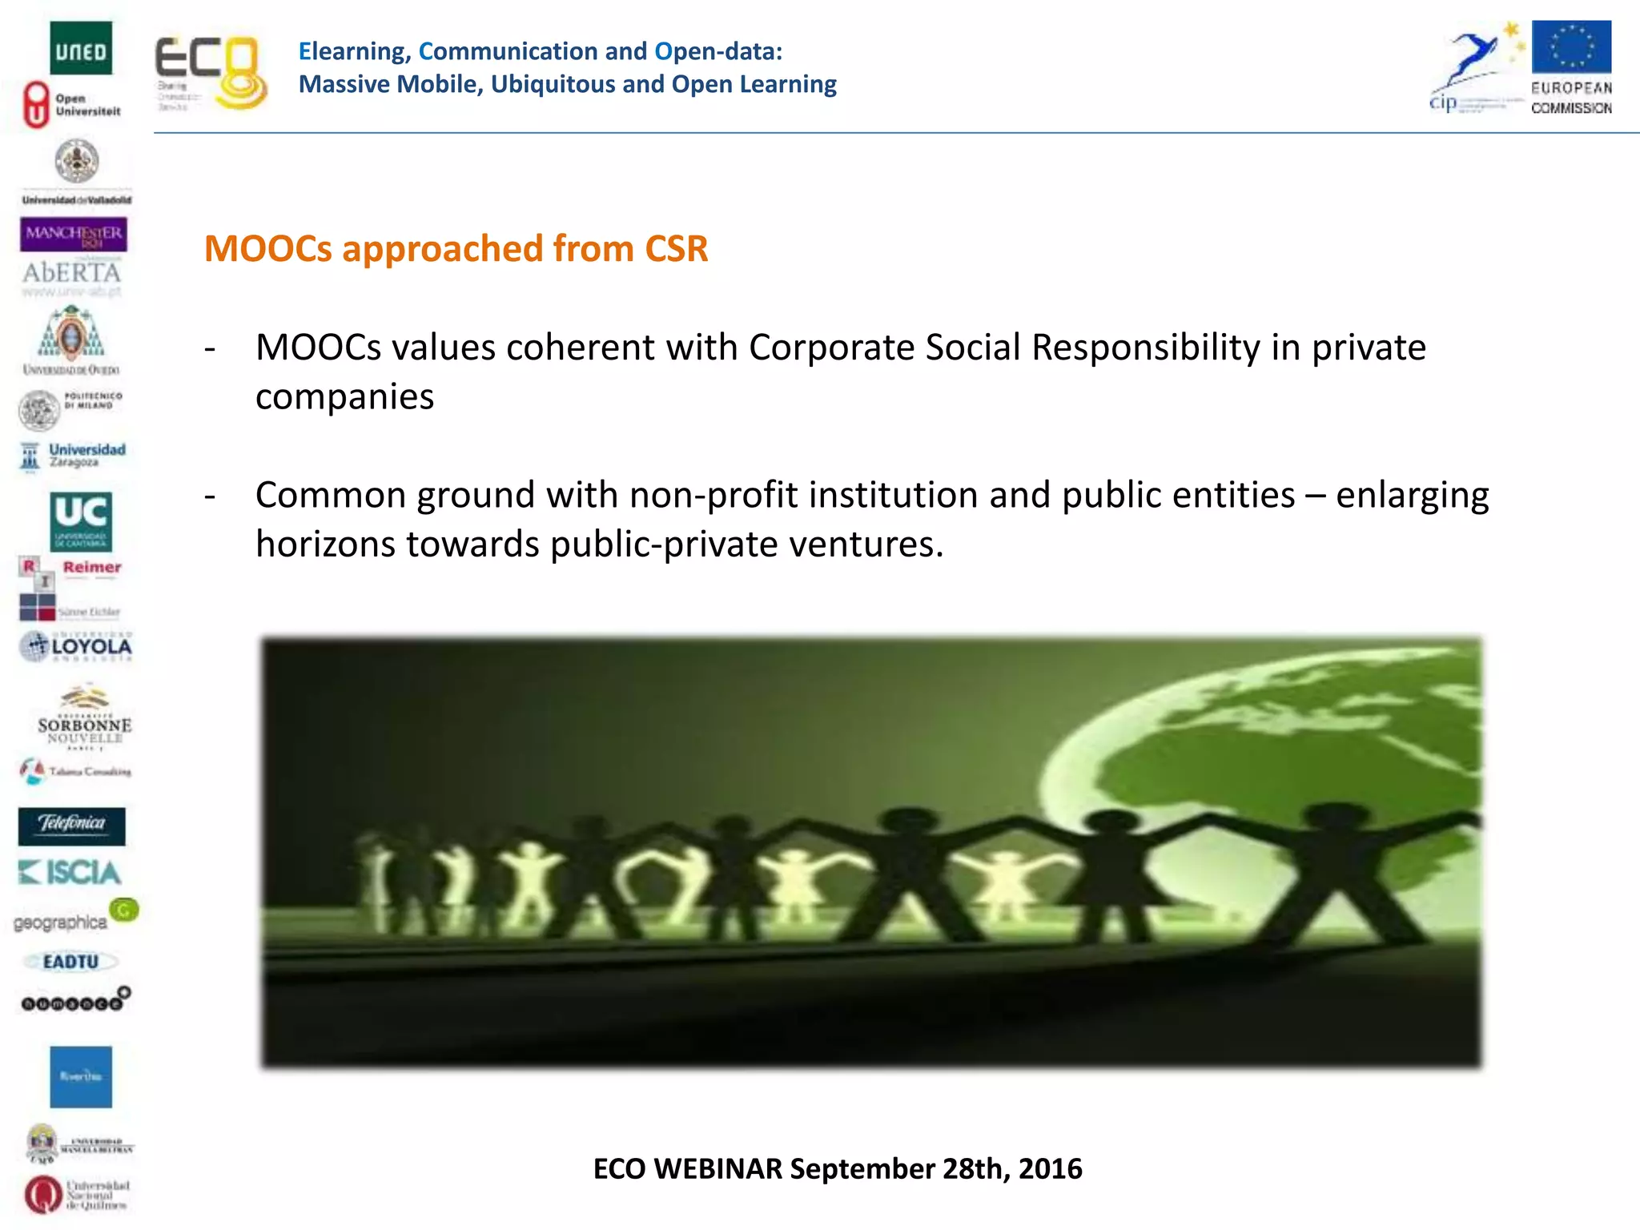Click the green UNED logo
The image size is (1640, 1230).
coord(81,48)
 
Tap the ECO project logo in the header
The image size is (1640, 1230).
coord(210,73)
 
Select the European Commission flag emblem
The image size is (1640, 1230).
coord(1571,47)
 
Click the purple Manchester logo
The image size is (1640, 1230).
coord(74,234)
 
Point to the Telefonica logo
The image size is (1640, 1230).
coord(72,826)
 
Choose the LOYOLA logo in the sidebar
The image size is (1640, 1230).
coord(77,646)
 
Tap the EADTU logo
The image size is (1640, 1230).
coord(71,962)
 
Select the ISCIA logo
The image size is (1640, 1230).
coord(70,872)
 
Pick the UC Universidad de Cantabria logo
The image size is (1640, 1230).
coord(81,521)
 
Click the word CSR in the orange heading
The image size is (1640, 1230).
coord(677,249)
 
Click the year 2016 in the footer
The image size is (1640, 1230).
coord(1051,1169)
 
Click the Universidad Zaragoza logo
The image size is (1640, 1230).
coord(73,456)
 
